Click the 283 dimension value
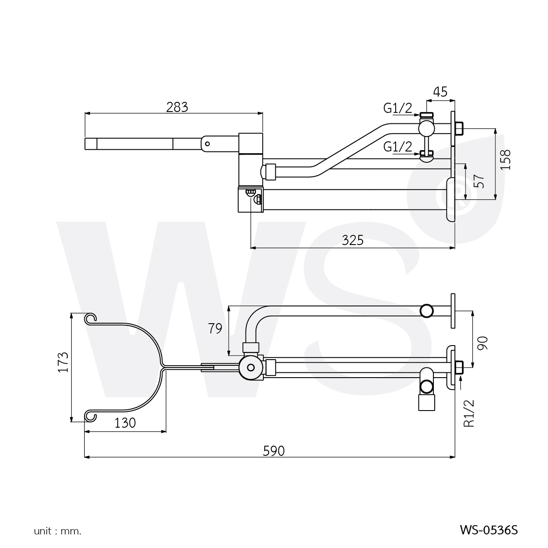(177, 107)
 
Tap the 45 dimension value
(440, 92)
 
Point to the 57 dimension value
(480, 180)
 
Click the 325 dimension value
(353, 240)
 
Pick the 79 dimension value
(215, 328)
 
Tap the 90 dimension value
(483, 342)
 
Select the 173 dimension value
(63, 362)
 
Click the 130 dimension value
(125, 423)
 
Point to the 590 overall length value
(274, 451)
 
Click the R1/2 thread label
(469, 413)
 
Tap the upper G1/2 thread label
(398, 108)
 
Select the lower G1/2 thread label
(398, 146)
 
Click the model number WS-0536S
(489, 530)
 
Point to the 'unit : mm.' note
(58, 531)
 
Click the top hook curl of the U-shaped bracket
(90, 318)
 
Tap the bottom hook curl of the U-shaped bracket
(90, 415)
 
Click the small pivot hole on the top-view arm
(208, 143)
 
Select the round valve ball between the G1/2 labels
(426, 128)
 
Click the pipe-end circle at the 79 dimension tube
(426, 310)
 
